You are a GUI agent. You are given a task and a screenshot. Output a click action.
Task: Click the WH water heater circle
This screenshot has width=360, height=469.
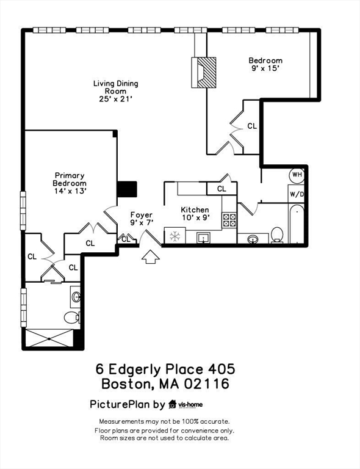[x=297, y=175]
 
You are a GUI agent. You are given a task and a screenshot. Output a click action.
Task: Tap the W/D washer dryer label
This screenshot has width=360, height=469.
[x=297, y=194]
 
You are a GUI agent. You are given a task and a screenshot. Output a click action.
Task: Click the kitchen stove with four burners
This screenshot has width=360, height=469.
[x=229, y=220]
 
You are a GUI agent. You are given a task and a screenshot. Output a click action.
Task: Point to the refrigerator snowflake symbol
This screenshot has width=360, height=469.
[x=175, y=236]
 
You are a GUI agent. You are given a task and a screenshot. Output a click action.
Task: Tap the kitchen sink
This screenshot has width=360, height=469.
[x=204, y=237]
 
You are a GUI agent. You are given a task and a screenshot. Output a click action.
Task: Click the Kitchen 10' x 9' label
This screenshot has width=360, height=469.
[x=195, y=214]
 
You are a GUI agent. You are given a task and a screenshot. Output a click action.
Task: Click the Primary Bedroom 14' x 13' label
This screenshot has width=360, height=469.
[x=70, y=183]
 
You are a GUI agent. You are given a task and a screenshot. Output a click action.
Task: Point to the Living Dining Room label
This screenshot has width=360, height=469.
[x=115, y=91]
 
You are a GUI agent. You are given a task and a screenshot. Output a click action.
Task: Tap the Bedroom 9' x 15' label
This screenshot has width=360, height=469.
[x=265, y=65]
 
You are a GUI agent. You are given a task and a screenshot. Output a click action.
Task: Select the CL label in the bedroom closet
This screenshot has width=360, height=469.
[x=252, y=126]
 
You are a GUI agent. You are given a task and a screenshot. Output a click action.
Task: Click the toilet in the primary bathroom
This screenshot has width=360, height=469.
[x=72, y=317]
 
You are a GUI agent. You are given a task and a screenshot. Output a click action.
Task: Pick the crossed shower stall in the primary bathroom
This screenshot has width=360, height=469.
[x=52, y=338]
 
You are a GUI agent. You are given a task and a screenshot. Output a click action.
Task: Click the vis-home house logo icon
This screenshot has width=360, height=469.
[x=173, y=404]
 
